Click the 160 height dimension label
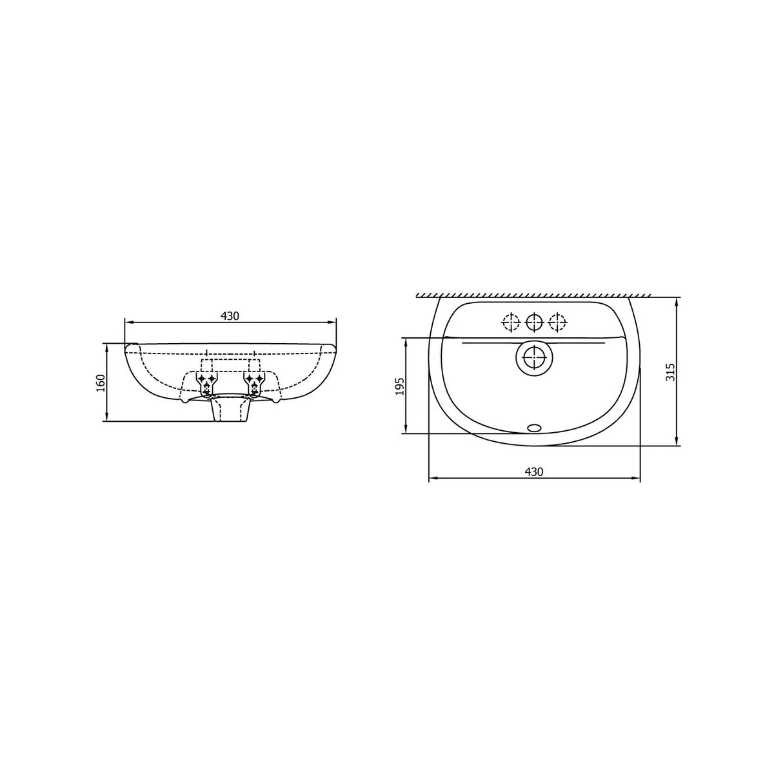[x=101, y=382]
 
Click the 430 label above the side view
[x=230, y=316]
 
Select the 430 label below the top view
[x=534, y=471]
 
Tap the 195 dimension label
[x=400, y=386]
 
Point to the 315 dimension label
[x=670, y=372]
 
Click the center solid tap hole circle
[x=534, y=322]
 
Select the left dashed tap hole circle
[x=511, y=322]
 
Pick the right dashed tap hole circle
[x=557, y=322]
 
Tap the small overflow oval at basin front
[x=534, y=428]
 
